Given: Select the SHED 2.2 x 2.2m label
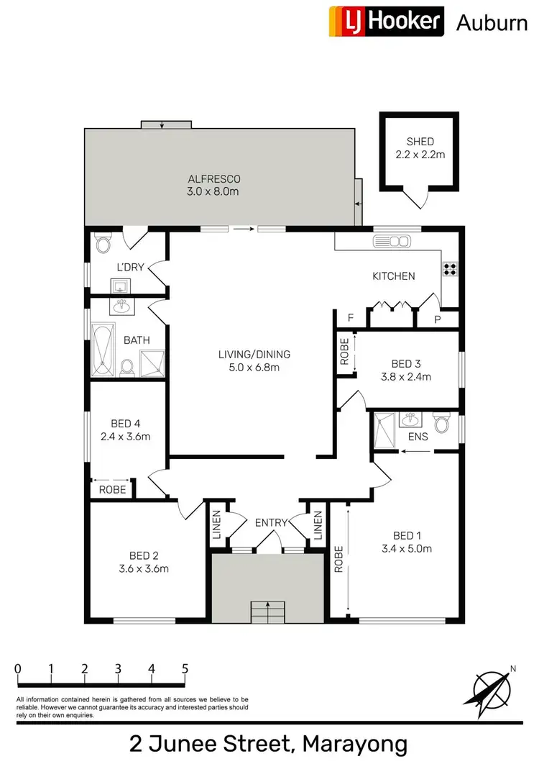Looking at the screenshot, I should tap(419, 148).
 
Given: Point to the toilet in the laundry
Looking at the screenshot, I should tap(101, 245).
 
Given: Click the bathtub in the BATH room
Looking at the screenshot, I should tap(103, 350).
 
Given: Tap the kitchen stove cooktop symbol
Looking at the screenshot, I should tap(451, 269).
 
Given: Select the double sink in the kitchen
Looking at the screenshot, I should tap(392, 241).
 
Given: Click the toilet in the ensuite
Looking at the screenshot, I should tap(441, 423).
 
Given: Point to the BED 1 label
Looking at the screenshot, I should tap(407, 535).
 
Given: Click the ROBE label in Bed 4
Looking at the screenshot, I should tap(112, 489).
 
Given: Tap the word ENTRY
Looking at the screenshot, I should tap(272, 522).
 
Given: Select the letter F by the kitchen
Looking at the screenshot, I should tap(351, 317).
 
